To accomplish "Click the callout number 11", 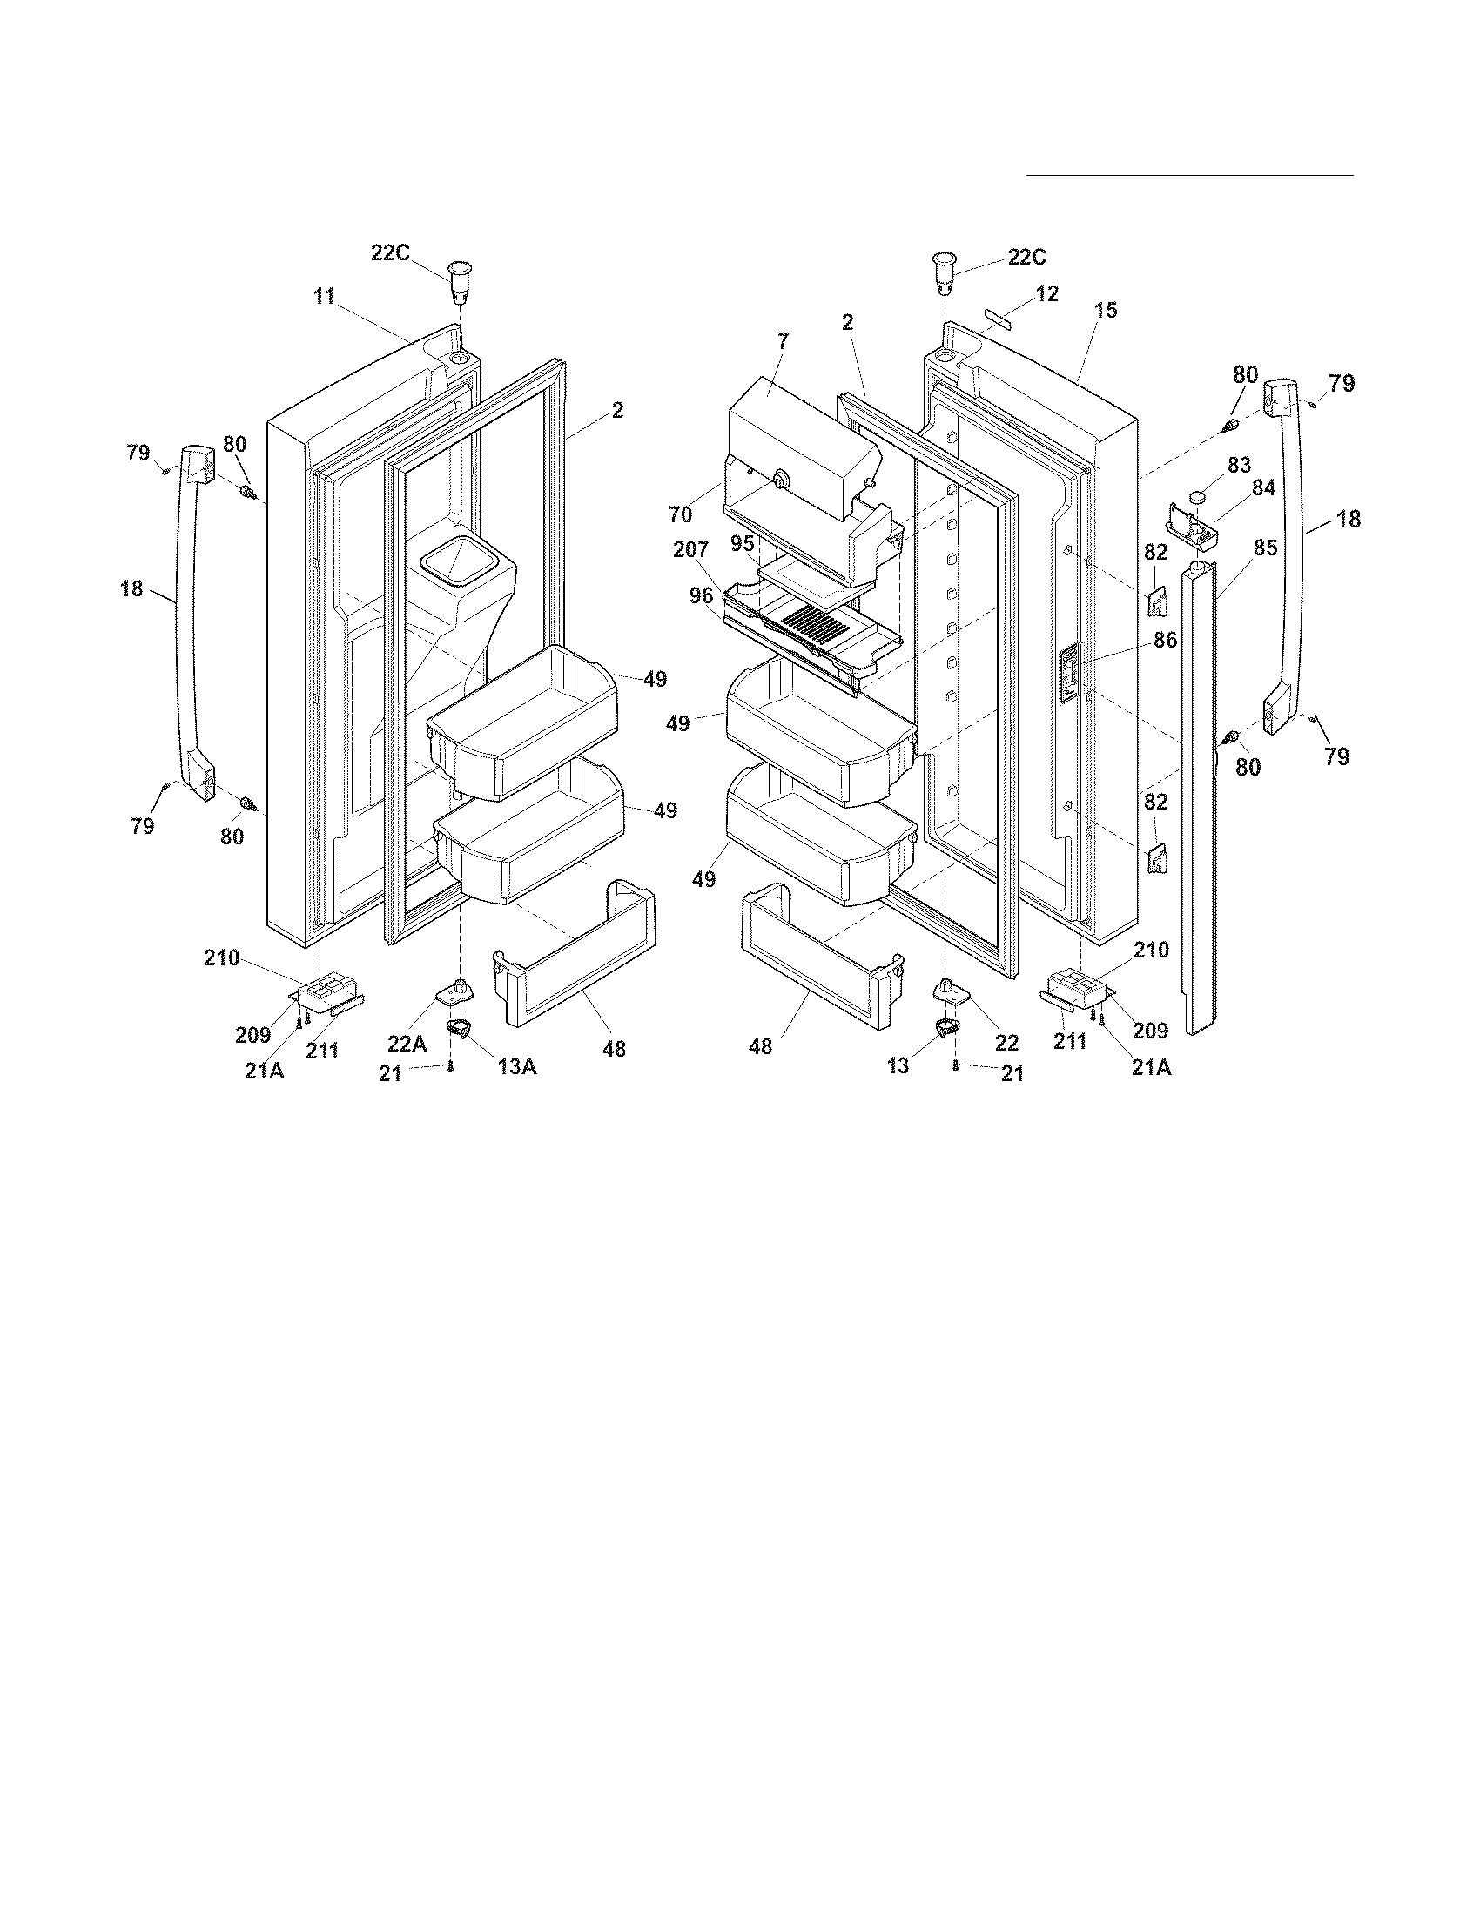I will [x=325, y=297].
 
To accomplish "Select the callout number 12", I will [x=1046, y=292].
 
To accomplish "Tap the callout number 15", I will [x=1106, y=311].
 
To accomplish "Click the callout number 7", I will [x=782, y=341].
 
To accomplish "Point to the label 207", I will [x=691, y=552].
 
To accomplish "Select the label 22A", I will [x=407, y=1044].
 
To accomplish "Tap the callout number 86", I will [x=1165, y=641].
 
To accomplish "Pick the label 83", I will [x=1239, y=465].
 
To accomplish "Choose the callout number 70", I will [x=681, y=515].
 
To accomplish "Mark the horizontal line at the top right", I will [x=1190, y=175].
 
